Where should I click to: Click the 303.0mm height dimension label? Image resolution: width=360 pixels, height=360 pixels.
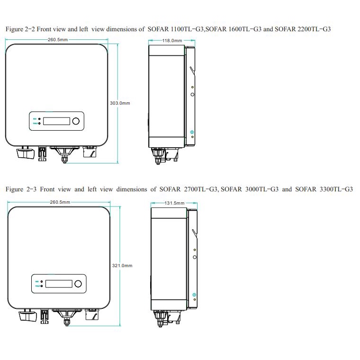120,103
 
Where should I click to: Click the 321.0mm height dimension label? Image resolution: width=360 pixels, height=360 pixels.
122,266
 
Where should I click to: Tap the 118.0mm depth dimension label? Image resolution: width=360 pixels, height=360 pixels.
172,41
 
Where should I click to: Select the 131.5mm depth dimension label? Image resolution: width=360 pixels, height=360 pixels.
174,203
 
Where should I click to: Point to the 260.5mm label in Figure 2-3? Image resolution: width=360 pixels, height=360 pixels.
60,202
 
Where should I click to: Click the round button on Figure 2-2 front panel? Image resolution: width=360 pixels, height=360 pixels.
76,122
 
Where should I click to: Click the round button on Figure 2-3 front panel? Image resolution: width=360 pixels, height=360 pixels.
78,284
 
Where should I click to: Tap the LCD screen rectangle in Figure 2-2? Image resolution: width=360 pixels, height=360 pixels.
55,122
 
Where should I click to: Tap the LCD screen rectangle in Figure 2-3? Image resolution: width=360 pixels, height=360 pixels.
58,284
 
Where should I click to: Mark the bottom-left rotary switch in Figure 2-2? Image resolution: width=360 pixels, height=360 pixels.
23,153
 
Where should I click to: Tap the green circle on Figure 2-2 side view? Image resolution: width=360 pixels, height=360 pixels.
192,132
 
